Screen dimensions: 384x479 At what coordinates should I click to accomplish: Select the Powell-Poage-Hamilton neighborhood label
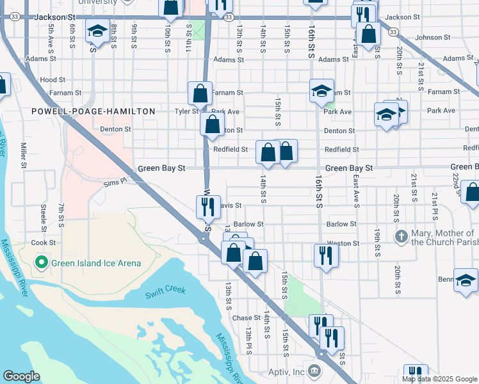click(x=93, y=111)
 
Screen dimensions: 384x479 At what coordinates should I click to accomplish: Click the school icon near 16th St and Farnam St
click(x=321, y=90)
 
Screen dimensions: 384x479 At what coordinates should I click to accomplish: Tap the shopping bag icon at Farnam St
click(x=200, y=93)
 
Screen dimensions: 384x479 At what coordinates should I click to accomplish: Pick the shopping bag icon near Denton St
click(x=212, y=124)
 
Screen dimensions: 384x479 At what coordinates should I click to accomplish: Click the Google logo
click(x=21, y=376)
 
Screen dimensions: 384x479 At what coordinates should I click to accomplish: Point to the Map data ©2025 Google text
click(x=439, y=379)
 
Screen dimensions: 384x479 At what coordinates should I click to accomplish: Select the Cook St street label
click(x=44, y=243)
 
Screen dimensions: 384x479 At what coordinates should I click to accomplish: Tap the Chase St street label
click(x=246, y=318)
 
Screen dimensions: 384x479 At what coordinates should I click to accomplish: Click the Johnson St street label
click(x=428, y=37)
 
